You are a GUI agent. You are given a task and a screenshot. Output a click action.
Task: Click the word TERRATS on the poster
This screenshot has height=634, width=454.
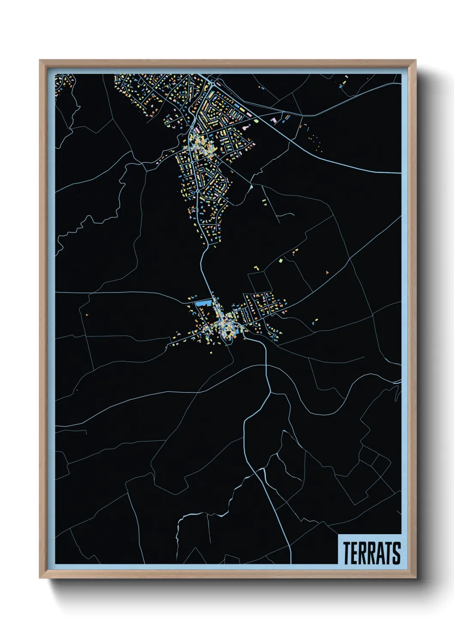(x=372, y=553)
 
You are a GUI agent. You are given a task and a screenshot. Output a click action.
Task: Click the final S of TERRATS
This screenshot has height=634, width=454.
(x=397, y=553)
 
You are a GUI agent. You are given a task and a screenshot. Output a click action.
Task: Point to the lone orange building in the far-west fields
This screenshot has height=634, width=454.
(x=87, y=315)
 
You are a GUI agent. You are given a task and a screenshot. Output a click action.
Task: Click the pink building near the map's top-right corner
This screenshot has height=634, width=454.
(x=346, y=77)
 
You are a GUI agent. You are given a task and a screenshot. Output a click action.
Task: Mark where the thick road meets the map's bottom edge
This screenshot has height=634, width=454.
(x=291, y=563)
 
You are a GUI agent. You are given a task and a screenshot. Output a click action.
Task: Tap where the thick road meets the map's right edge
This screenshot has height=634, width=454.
(x=400, y=173)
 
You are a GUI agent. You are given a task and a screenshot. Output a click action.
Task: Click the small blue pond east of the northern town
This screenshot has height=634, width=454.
(x=251, y=187)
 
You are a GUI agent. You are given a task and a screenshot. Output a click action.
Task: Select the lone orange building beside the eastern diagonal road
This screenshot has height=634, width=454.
(x=327, y=272)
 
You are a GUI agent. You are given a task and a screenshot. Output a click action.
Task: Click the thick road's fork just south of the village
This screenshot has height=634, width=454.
(x=269, y=392)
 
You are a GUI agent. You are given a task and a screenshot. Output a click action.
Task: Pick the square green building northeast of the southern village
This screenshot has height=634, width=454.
(x=280, y=260)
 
